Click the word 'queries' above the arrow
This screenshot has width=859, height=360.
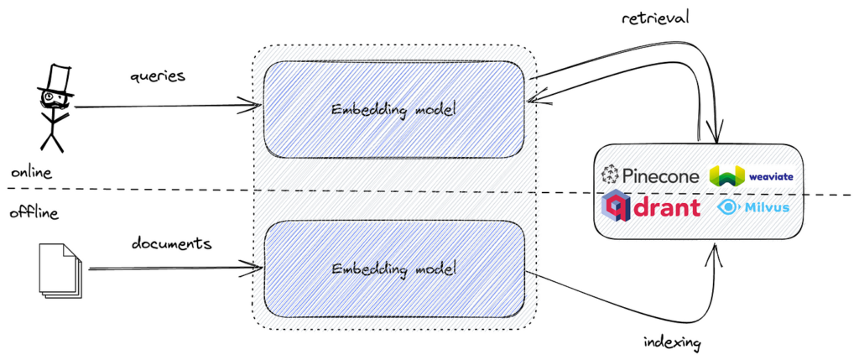pyautogui.click(x=157, y=76)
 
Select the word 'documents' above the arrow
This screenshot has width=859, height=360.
pyautogui.click(x=171, y=243)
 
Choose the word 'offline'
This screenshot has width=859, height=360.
pyautogui.click(x=34, y=213)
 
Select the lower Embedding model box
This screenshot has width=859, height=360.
pyautogui.click(x=394, y=269)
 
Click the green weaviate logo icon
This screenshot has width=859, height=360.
pyautogui.click(x=726, y=176)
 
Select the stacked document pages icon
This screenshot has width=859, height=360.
pyautogui.click(x=59, y=269)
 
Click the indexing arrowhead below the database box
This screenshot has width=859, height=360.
pyautogui.click(x=714, y=248)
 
